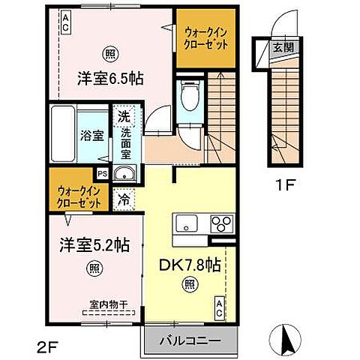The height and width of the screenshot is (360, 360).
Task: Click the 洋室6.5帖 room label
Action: pyautogui.click(x=109, y=77)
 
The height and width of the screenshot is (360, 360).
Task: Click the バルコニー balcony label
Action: pyautogui.click(x=189, y=341)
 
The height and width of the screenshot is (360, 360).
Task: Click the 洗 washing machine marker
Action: pyautogui.click(x=122, y=118)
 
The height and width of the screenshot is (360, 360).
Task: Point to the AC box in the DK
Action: pyautogui.click(x=218, y=306)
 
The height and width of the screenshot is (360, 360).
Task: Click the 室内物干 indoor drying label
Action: pyautogui.click(x=105, y=304)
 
